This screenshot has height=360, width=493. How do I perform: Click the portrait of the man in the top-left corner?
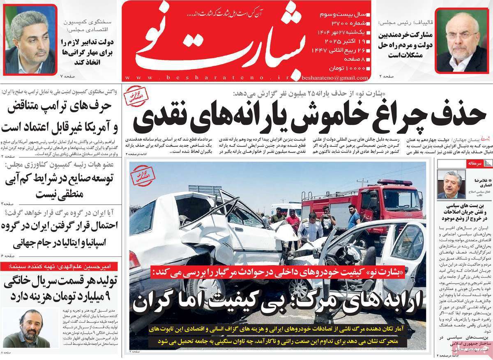[x=30, y=39]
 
